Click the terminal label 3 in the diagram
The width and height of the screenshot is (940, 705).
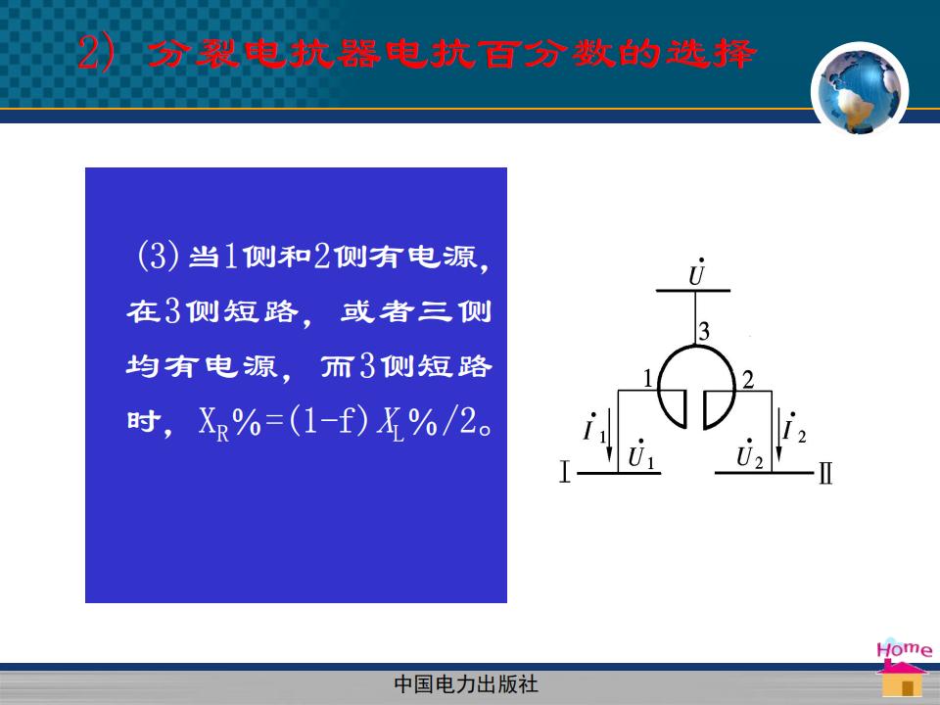coord(704,332)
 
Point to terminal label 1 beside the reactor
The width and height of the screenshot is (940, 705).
coord(647,379)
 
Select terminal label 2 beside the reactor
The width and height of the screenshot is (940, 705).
coord(747,380)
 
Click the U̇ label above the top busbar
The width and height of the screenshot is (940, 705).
coord(696,273)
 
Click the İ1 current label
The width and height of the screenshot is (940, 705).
coord(594,428)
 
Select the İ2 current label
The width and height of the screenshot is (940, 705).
coord(794,428)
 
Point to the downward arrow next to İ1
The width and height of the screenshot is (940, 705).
coord(610,435)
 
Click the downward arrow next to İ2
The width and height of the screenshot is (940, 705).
coord(778,435)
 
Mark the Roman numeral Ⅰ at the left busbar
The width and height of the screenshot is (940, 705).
coord(564,471)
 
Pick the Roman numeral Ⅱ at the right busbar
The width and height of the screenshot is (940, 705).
coord(825,473)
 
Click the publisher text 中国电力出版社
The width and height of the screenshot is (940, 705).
coord(466,684)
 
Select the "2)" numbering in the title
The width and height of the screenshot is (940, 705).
coord(96,53)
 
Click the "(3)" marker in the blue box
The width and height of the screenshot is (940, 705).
coord(159,256)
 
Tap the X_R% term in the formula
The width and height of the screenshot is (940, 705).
coord(229,423)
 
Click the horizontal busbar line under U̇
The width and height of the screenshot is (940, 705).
coord(693,291)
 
